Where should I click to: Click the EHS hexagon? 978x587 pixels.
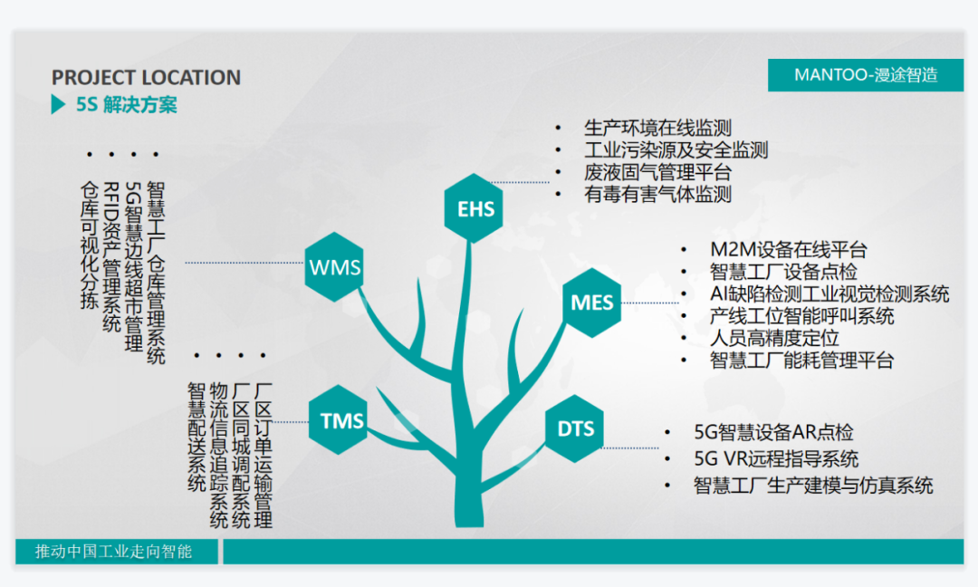tap(474, 208)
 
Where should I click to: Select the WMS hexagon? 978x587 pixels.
tap(334, 267)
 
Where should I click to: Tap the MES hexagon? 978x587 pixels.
tap(592, 303)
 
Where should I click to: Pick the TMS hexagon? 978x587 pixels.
tap(338, 419)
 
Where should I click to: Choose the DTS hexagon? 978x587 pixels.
tap(574, 428)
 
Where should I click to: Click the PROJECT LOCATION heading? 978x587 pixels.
tap(146, 77)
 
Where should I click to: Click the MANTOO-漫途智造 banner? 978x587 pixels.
tap(866, 75)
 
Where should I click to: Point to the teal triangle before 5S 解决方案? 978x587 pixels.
tap(58, 104)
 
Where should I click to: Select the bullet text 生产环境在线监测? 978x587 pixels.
tap(657, 128)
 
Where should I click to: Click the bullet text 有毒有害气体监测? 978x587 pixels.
tap(657, 194)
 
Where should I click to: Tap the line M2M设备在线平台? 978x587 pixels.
tap(789, 249)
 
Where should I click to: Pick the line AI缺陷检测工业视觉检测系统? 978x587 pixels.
tap(829, 293)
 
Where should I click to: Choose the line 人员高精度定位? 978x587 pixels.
tap(774, 338)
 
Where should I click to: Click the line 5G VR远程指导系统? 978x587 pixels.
tap(776, 459)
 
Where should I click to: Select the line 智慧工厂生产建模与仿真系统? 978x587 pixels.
tap(813, 486)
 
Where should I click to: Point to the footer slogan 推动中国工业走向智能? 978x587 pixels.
tap(113, 552)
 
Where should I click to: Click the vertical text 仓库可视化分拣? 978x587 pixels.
tap(89, 245)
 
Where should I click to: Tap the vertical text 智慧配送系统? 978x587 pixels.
tap(197, 438)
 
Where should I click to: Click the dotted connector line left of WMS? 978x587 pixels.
tap(244, 263)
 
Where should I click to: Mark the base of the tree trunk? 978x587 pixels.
tap(469, 523)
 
